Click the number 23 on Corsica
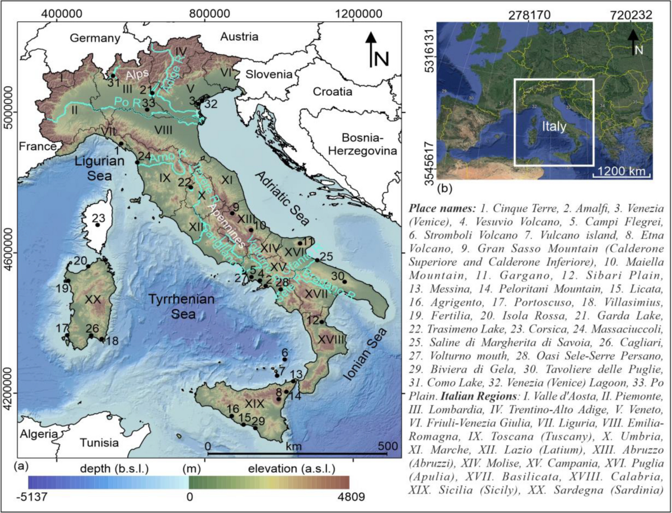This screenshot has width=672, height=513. point(99,218)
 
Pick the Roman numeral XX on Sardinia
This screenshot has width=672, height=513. point(92,300)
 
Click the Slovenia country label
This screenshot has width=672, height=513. point(271,74)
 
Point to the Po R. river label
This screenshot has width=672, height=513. point(126,101)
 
